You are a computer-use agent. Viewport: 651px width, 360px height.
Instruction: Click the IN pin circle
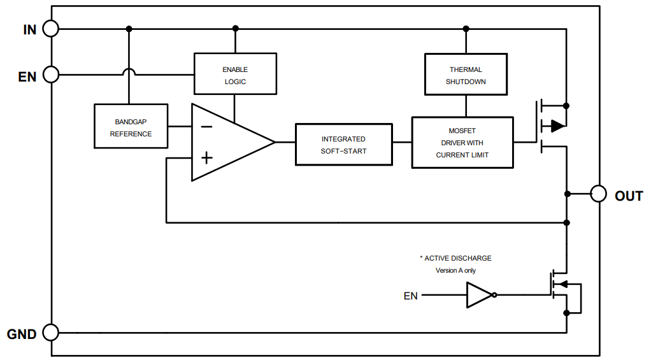(x=51, y=29)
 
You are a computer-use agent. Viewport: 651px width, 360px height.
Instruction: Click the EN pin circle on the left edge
(x=51, y=75)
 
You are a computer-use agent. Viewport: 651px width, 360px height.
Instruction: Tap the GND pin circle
(x=51, y=332)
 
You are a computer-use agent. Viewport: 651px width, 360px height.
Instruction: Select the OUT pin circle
(x=598, y=194)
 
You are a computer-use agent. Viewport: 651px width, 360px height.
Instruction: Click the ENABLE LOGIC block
(x=235, y=74)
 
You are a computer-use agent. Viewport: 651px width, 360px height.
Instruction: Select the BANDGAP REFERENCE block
(x=131, y=126)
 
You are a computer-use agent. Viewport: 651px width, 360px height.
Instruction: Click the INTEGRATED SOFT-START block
(x=343, y=144)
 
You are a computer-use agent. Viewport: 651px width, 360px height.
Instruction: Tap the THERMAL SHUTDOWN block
(x=466, y=74)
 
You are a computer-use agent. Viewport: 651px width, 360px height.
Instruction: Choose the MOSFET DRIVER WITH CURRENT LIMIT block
(x=462, y=143)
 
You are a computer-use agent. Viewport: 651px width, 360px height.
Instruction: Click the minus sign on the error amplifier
(x=206, y=127)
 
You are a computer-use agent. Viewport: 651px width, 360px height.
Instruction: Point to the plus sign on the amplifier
(x=206, y=158)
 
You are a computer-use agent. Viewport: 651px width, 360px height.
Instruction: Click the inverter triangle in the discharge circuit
(x=479, y=295)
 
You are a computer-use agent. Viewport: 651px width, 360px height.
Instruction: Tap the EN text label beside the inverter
(x=411, y=296)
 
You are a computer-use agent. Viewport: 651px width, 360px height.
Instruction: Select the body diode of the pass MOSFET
(x=557, y=126)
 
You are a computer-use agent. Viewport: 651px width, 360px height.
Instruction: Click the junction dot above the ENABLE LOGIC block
(x=235, y=29)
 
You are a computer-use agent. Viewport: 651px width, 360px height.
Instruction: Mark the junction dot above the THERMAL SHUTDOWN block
(x=466, y=29)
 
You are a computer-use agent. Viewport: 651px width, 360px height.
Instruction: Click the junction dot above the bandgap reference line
(x=129, y=29)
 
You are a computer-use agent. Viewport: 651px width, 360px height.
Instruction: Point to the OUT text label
(x=628, y=196)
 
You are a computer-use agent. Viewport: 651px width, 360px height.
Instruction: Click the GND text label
(x=22, y=334)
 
